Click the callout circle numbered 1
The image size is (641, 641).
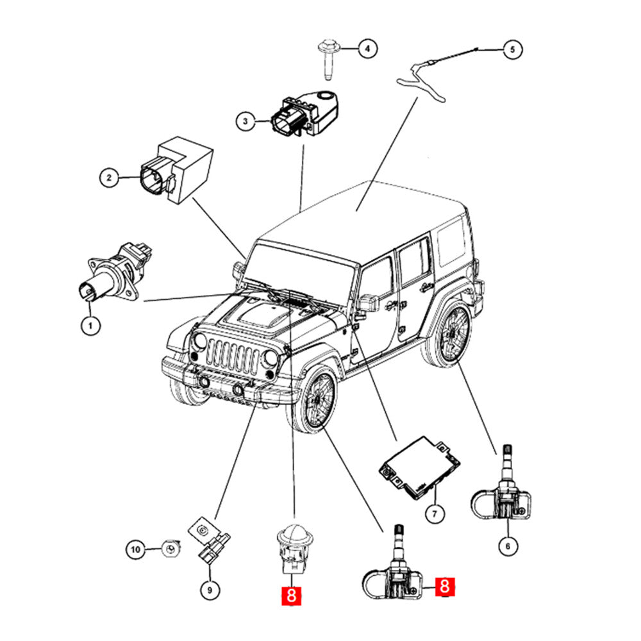point(90,326)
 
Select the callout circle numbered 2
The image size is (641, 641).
point(110,176)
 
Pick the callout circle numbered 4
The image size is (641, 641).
point(367,48)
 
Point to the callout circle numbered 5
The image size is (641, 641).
point(512,49)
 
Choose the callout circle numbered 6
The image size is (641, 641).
point(508,546)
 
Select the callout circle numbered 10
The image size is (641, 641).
point(135,549)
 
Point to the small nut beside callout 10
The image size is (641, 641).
point(169,549)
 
